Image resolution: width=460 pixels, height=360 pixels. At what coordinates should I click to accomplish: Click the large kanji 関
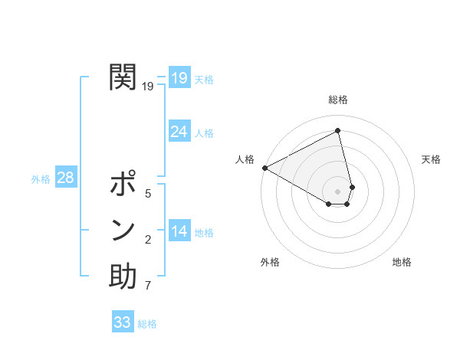point(123,77)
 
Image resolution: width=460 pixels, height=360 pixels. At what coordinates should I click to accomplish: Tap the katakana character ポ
point(123,185)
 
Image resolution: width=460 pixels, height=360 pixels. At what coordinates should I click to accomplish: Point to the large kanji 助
point(123,276)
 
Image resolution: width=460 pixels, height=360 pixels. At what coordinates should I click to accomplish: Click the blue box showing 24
point(179,132)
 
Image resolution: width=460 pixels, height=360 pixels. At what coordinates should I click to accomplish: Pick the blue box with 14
point(179,231)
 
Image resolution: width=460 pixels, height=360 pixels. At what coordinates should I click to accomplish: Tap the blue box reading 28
point(65,178)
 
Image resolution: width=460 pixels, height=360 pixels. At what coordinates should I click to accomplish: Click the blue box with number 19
point(179,77)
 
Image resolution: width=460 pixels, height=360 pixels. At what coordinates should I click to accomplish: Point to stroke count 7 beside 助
point(148,286)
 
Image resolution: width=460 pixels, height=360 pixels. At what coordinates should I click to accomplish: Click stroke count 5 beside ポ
point(148,194)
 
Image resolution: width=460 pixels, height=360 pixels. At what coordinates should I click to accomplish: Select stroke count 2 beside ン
point(148,241)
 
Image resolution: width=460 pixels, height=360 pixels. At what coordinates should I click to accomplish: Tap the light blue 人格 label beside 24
point(204,133)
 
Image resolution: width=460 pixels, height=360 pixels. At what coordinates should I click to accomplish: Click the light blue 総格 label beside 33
point(147,324)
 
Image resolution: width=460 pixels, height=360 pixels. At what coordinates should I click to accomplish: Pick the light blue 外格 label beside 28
point(41,179)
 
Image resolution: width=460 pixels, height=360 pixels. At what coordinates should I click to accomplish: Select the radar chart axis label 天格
point(431,159)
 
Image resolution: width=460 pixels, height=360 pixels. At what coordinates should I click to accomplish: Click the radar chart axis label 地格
point(402,262)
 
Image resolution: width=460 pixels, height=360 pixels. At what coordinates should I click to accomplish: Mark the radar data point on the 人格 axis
point(264,168)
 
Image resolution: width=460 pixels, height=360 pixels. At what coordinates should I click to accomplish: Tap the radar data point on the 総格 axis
point(338,130)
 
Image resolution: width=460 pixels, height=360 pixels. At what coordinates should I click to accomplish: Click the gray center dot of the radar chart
point(338,191)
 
